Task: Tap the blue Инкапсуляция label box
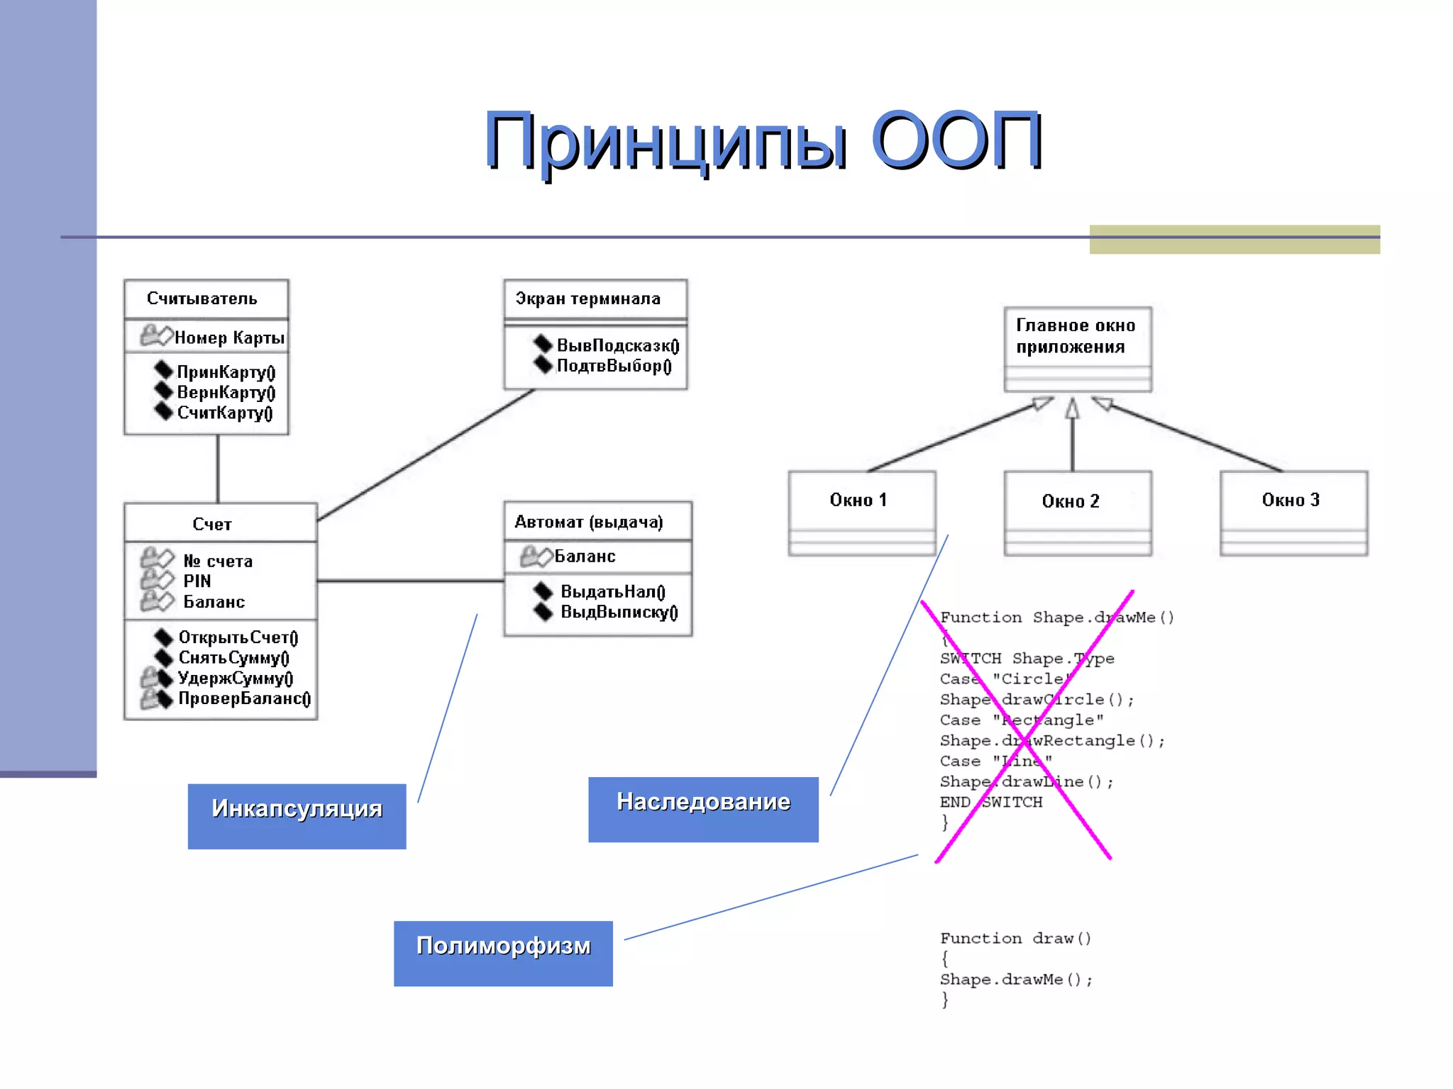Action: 297,815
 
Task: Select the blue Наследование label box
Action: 703,809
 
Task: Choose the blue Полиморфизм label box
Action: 503,953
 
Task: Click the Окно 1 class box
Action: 861,512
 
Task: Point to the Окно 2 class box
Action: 1077,513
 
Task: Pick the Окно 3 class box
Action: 1293,512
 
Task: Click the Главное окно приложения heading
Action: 1076,336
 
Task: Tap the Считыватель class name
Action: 202,298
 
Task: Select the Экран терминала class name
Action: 588,298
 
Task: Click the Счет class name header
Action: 212,524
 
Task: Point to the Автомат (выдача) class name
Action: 589,522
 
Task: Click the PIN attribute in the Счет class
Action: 197,581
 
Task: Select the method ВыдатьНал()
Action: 612,591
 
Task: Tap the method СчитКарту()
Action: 224,413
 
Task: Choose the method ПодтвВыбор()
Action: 614,366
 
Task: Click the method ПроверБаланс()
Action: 244,698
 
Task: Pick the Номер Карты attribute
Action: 229,337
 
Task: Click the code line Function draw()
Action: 1015,938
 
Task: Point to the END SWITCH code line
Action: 991,802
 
